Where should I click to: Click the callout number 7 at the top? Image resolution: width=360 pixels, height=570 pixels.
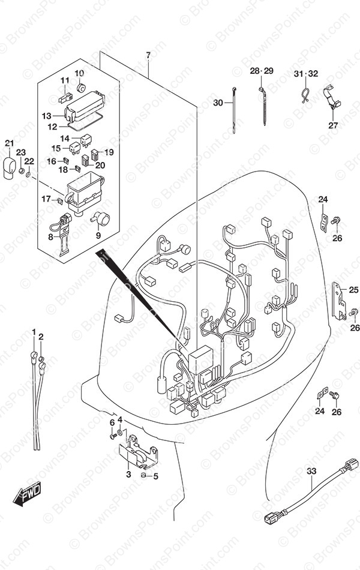coord(148,56)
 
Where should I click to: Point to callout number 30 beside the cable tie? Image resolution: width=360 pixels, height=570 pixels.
coord(218,103)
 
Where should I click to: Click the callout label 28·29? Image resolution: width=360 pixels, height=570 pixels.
coord(262,71)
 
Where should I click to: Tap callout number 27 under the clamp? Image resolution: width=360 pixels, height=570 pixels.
coord(333,125)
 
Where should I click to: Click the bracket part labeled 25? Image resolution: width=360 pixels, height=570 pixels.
coord(340,298)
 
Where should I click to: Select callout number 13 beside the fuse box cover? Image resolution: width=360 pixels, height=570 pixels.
coord(47,116)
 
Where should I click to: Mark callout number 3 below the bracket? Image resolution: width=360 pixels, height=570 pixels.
coord(128,475)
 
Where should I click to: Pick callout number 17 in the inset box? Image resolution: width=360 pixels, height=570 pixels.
coord(46,199)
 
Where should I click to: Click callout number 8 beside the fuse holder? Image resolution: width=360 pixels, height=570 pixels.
coord(50,238)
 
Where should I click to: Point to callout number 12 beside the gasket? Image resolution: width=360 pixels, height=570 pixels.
coord(52,127)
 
